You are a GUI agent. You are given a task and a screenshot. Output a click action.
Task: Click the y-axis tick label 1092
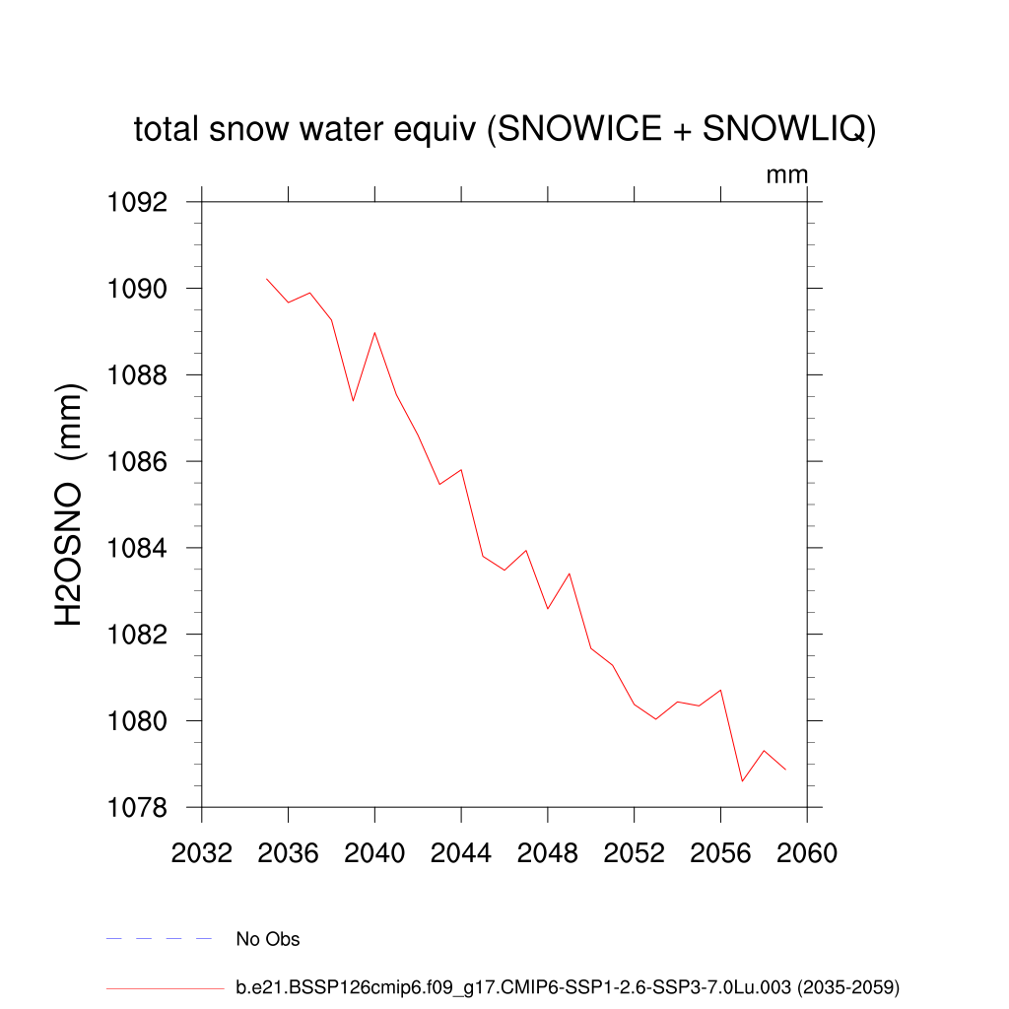(x=139, y=203)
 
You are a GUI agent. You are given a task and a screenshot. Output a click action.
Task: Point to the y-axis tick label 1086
(x=139, y=462)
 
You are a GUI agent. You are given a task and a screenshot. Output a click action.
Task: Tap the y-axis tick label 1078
(x=139, y=808)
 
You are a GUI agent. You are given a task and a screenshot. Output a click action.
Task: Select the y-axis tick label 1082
(x=139, y=635)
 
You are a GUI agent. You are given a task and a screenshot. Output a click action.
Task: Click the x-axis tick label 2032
(x=201, y=853)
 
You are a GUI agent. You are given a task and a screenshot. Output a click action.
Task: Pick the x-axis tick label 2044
(x=461, y=853)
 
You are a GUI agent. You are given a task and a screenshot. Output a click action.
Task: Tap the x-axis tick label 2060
(x=807, y=853)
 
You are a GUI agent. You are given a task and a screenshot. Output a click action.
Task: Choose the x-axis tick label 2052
(x=634, y=853)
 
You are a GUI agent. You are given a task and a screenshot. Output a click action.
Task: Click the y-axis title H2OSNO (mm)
(x=69, y=505)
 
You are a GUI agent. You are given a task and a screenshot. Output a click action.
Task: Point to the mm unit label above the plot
(x=787, y=175)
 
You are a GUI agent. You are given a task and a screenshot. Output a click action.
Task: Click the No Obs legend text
(x=268, y=939)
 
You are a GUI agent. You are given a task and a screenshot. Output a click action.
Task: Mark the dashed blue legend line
(x=159, y=939)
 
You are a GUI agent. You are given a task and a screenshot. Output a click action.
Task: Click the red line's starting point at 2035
(x=267, y=279)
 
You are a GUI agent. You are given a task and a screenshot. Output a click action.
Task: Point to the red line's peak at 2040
(x=374, y=333)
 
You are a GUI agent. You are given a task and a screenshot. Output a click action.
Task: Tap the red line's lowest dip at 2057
(x=742, y=781)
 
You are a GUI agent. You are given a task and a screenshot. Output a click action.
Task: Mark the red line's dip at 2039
(x=353, y=401)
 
